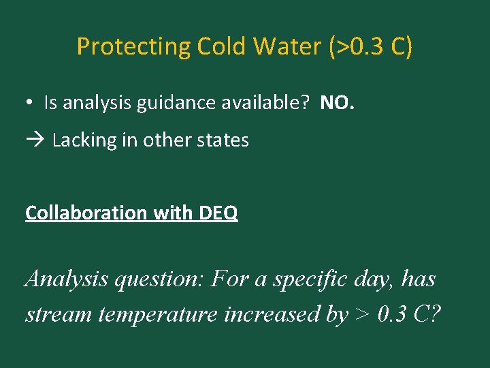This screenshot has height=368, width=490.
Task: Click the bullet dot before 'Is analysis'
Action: (31, 104)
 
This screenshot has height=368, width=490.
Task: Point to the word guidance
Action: (167, 104)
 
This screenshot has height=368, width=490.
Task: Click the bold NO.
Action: (338, 104)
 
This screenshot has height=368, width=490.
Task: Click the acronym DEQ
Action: (218, 213)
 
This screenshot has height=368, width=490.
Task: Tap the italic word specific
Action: (305, 279)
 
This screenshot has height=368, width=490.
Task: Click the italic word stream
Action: (59, 314)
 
